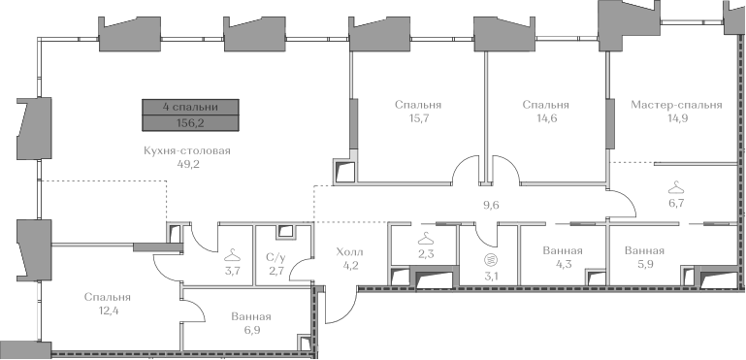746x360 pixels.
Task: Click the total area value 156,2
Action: pos(190,123)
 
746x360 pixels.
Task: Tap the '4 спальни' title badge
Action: pos(190,107)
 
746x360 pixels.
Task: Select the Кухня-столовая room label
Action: pos(187,151)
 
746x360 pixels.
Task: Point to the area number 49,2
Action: pos(187,165)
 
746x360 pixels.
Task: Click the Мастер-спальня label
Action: pos(676,105)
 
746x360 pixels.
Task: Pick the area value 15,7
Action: pos(418,118)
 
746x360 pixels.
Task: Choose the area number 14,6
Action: pos(546,118)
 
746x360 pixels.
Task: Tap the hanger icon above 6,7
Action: pos(676,187)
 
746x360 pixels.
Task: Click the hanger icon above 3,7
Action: pos(232,255)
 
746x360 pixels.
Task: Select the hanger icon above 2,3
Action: pos(425,237)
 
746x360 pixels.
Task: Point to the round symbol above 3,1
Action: pos(489,260)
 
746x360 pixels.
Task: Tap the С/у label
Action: pos(276,257)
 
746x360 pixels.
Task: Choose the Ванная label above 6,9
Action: pos(251,316)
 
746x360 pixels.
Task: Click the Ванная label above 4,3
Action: pos(563,250)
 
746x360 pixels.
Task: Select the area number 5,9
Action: pos(645,264)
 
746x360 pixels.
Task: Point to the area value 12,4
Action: pos(108,311)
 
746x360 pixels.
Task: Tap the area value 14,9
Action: pos(676,118)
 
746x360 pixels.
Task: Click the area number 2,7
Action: pos(276,272)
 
